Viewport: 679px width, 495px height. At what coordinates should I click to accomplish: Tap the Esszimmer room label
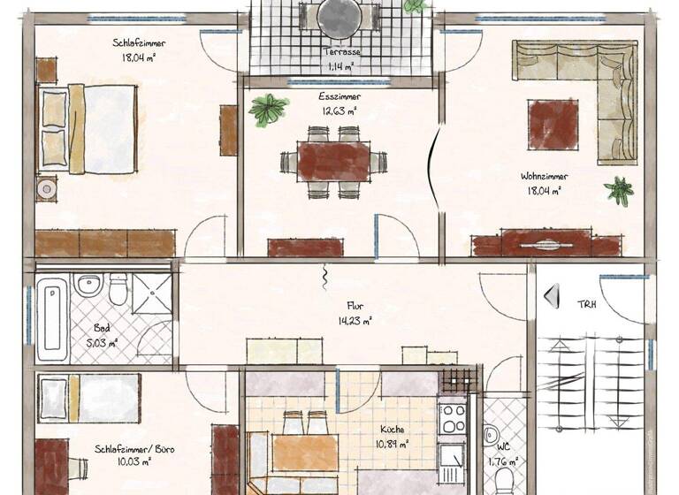click(340, 103)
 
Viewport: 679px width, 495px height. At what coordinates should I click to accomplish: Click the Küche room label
click(393, 436)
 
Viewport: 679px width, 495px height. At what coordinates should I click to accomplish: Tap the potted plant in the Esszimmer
click(268, 110)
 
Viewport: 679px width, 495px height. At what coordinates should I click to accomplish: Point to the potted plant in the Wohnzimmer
click(619, 189)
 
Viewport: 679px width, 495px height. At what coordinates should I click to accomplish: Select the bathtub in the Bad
click(51, 320)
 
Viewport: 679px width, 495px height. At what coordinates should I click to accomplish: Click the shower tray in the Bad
click(151, 293)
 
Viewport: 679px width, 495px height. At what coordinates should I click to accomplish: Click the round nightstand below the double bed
click(45, 188)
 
